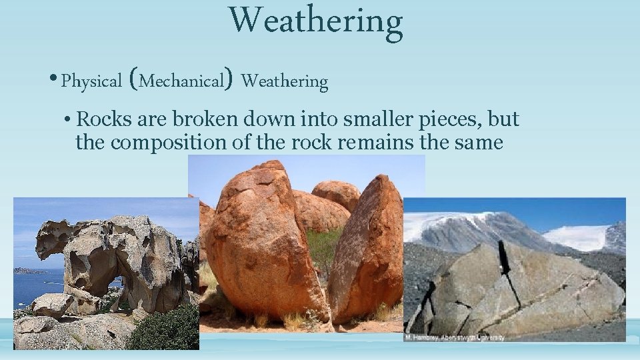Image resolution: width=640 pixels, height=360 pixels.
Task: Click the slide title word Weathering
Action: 316,22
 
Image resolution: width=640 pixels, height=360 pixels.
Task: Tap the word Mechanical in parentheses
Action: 182,82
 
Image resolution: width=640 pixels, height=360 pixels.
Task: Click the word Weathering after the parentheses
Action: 285,82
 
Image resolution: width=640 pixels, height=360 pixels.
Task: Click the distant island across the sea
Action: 27,271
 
